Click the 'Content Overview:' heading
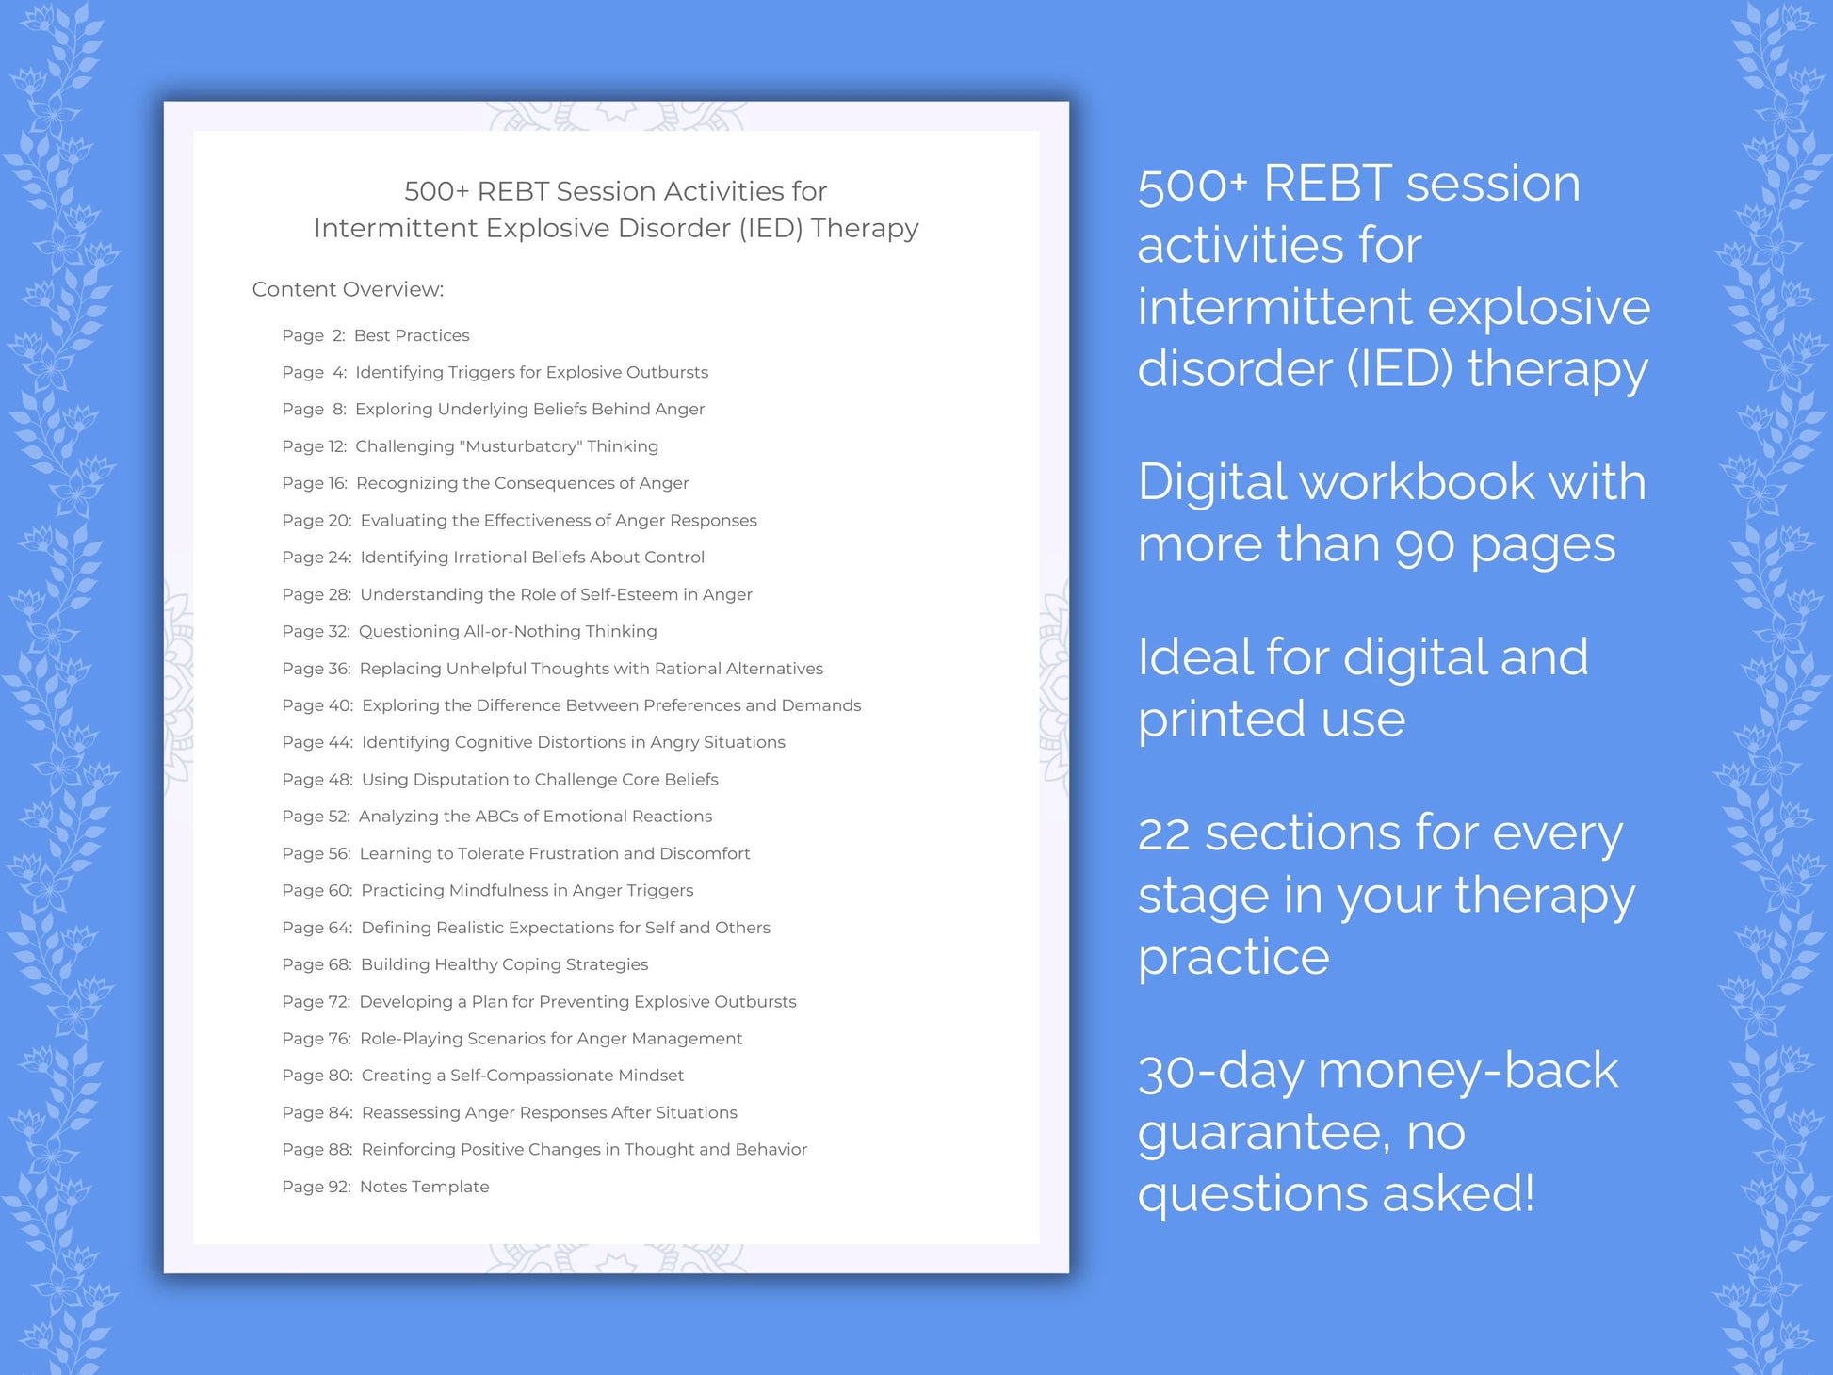coord(348,289)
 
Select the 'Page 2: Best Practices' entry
coord(375,335)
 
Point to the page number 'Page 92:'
coord(316,1187)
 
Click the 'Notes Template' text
coord(424,1187)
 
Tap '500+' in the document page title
coord(436,191)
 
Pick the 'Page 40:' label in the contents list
coord(317,705)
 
